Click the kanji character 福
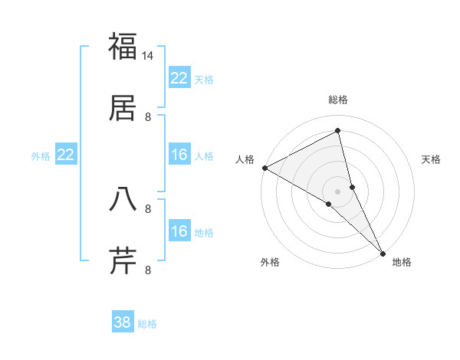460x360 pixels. pyautogui.click(x=123, y=47)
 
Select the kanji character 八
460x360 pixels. pyautogui.click(x=123, y=199)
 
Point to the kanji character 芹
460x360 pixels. pyautogui.click(x=123, y=260)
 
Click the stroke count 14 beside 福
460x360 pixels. pyautogui.click(x=148, y=56)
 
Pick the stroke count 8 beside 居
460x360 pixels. pyautogui.click(x=148, y=116)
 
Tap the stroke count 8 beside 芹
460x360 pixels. pyautogui.click(x=148, y=270)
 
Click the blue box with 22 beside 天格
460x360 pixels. pyautogui.click(x=179, y=78)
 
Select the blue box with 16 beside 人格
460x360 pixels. pyautogui.click(x=179, y=155)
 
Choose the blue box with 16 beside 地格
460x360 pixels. pyautogui.click(x=179, y=231)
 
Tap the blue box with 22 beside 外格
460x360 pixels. pyautogui.click(x=65, y=155)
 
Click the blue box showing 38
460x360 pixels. pyautogui.click(x=122, y=322)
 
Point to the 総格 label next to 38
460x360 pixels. pyautogui.click(x=147, y=324)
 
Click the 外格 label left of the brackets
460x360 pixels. pyautogui.click(x=41, y=156)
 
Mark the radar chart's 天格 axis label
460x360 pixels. pyautogui.click(x=432, y=159)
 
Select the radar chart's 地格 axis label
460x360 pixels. pyautogui.click(x=402, y=262)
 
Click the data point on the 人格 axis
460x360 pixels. pyautogui.click(x=264, y=168)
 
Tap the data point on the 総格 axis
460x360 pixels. pyautogui.click(x=337, y=131)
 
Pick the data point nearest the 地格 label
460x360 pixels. pyautogui.click(x=383, y=252)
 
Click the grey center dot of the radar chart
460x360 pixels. pyautogui.click(x=337, y=191)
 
